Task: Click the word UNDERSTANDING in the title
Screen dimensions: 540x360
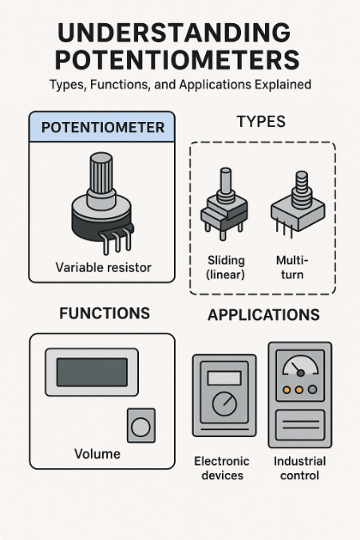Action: click(174, 33)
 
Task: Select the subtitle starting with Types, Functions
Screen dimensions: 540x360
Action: click(180, 84)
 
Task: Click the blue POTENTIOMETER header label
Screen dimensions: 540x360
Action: click(102, 128)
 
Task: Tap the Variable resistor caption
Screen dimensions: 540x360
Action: click(102, 267)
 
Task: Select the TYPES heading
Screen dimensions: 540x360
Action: click(261, 122)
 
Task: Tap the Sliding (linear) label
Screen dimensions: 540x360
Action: click(225, 267)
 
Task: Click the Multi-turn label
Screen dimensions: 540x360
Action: click(292, 267)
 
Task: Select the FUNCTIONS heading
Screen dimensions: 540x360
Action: click(104, 313)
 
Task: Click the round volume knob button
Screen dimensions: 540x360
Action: click(140, 427)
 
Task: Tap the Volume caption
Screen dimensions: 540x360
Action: click(97, 454)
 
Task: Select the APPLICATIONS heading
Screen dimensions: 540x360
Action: click(263, 315)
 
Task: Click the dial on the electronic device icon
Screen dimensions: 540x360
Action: click(225, 404)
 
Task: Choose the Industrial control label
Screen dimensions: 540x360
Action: click(299, 468)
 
